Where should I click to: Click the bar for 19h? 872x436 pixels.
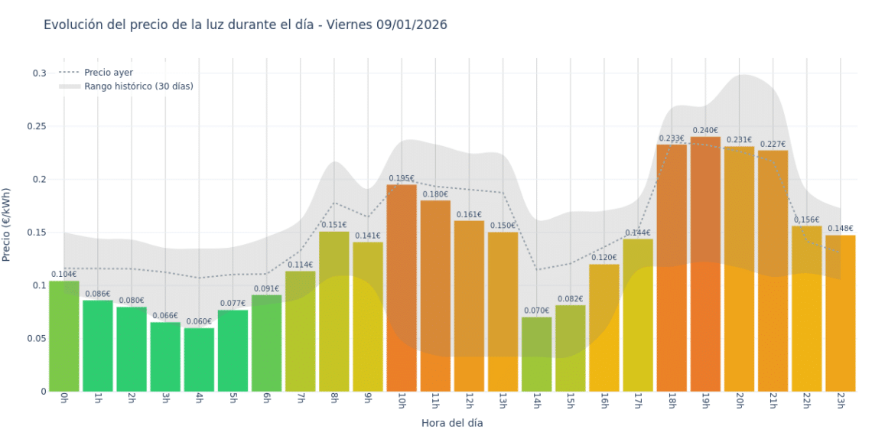705,264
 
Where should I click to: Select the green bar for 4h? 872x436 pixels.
199,360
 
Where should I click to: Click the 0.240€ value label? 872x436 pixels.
705,131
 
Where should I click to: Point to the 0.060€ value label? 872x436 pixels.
199,322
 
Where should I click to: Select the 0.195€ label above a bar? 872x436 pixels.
402,178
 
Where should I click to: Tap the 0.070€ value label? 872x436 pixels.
536,311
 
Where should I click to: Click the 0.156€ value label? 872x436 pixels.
806,220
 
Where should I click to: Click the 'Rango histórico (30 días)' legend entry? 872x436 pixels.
138,86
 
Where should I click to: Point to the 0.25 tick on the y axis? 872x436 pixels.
36,126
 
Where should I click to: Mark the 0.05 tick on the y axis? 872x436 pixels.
36,338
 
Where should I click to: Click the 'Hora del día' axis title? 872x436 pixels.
452,422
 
